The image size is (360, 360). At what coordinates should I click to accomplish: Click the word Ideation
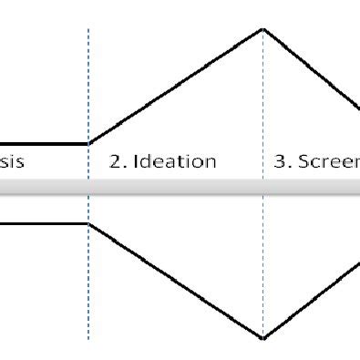(x=175, y=162)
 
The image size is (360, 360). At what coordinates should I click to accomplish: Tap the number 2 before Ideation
(x=115, y=162)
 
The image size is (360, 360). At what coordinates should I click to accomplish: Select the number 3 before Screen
(x=281, y=162)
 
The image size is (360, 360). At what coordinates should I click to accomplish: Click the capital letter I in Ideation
(x=137, y=162)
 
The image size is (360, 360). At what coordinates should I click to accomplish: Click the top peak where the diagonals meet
(x=263, y=29)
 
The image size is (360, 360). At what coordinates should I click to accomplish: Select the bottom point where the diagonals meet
(x=263, y=338)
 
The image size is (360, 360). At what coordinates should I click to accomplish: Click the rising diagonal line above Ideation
(x=176, y=86)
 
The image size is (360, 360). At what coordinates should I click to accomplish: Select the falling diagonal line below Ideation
(x=176, y=281)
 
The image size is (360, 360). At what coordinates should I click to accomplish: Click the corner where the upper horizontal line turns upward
(x=88, y=143)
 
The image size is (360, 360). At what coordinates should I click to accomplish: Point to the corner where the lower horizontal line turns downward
(x=88, y=223)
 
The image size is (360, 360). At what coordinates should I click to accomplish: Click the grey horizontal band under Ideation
(x=175, y=187)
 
